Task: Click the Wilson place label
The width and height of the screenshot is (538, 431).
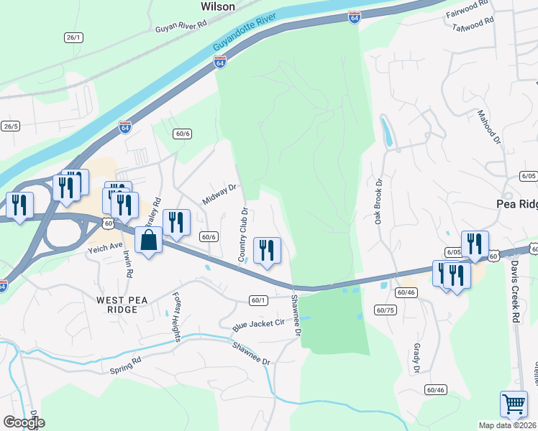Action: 218,6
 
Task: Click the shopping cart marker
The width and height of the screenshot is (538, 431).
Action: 514,404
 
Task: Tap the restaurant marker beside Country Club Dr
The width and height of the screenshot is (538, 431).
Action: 267,251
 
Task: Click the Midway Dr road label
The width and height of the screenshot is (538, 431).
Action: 219,194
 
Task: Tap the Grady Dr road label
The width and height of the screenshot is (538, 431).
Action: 416,358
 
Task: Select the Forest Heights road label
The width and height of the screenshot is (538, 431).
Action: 176,316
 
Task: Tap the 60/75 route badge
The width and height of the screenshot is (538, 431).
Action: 386,310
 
